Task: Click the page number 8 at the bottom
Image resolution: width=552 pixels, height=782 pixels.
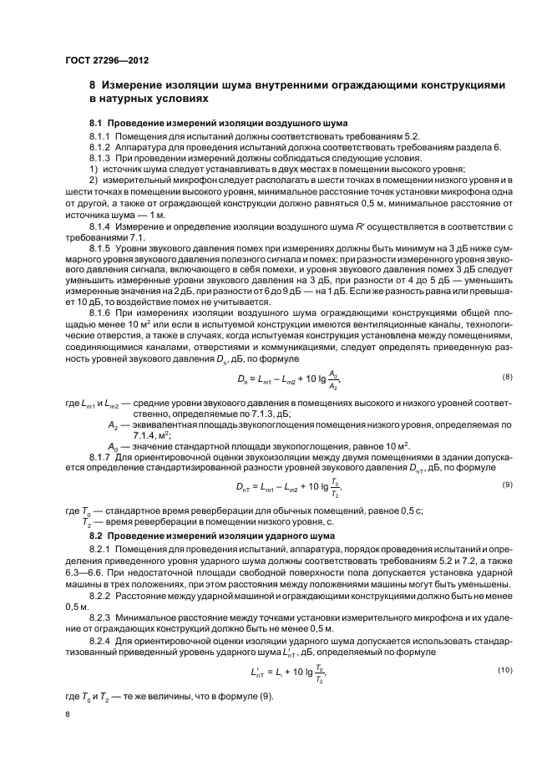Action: (x=68, y=715)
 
